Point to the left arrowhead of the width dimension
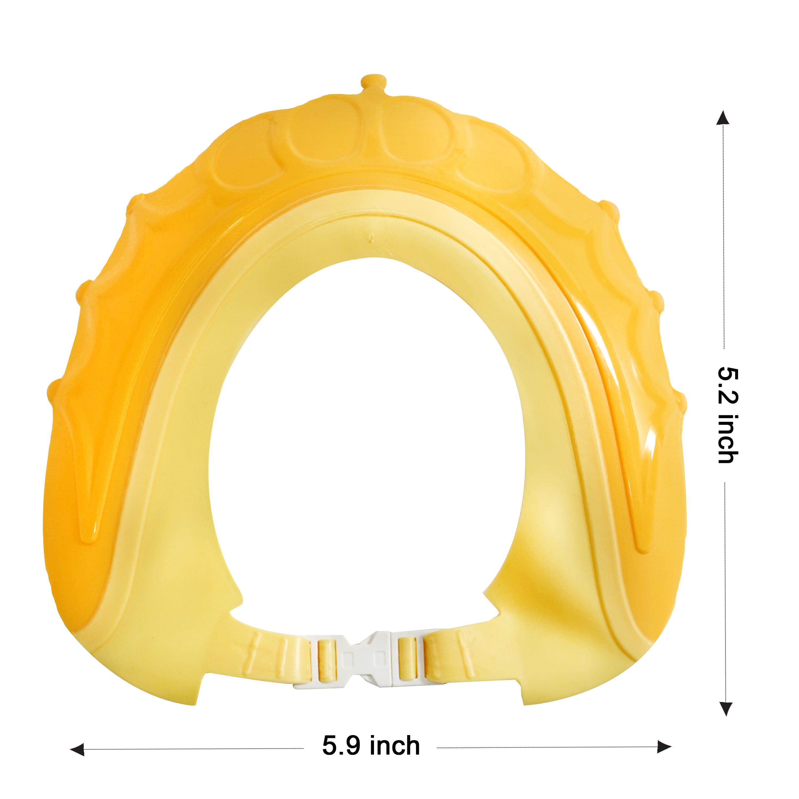pos(78,749)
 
